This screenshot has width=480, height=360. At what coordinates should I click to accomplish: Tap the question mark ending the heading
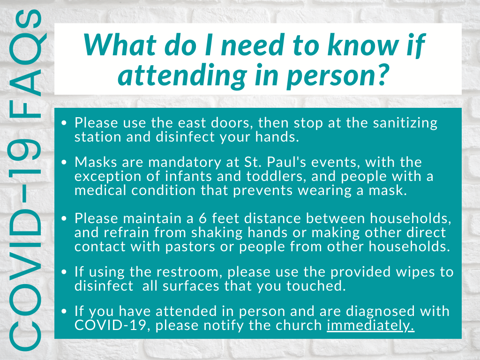click(382, 75)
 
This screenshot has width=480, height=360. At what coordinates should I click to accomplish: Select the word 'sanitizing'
click(405, 123)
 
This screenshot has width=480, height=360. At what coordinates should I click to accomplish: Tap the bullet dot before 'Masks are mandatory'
click(64, 162)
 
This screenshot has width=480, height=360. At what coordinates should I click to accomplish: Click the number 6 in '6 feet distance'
click(202, 218)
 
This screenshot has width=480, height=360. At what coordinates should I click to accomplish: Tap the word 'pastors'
click(190, 247)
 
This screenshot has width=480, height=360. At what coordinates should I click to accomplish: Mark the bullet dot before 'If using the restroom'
click(64, 272)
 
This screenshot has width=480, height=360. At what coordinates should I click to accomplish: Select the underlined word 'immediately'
click(370, 326)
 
